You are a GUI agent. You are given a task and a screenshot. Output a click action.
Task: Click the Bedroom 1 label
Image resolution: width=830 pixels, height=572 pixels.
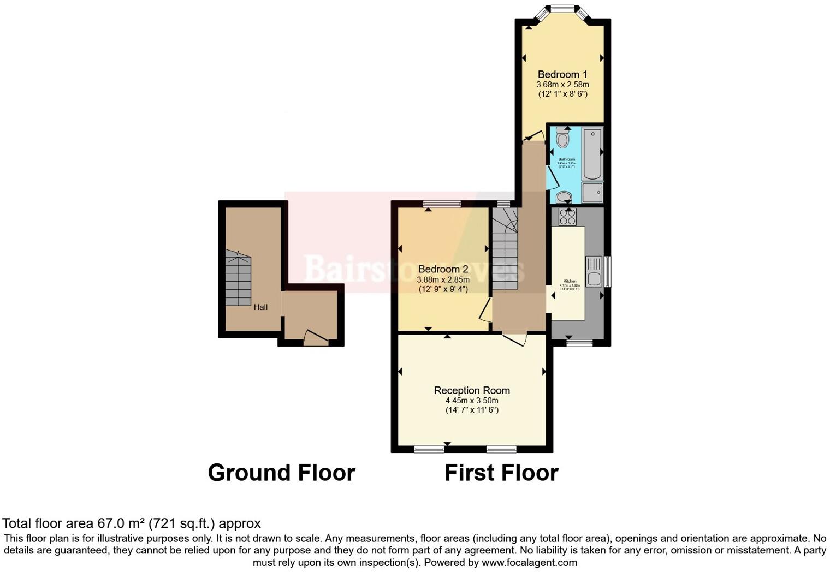pyautogui.click(x=562, y=74)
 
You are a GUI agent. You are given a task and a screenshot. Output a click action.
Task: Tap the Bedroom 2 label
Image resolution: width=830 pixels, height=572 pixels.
pyautogui.click(x=443, y=269)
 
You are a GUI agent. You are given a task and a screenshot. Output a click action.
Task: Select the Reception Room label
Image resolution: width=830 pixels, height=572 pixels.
pyautogui.click(x=472, y=390)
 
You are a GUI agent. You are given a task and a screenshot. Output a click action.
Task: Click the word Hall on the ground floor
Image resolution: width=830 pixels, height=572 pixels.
pyautogui.click(x=260, y=307)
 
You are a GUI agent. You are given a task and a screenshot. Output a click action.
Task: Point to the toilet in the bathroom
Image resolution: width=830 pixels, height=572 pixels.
pyautogui.click(x=562, y=139)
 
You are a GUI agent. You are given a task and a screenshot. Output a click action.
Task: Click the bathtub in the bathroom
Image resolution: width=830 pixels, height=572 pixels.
pyautogui.click(x=592, y=154)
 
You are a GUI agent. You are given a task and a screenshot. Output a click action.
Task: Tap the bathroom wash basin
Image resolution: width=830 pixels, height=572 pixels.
pyautogui.click(x=564, y=196)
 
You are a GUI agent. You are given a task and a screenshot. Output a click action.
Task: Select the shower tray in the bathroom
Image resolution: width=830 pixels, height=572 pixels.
pyautogui.click(x=592, y=192)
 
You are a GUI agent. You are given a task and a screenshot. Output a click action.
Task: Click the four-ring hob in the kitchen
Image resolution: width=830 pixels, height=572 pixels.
pyautogui.click(x=567, y=217)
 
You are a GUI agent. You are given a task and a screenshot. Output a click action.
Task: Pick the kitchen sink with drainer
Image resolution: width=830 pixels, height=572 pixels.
pyautogui.click(x=594, y=271)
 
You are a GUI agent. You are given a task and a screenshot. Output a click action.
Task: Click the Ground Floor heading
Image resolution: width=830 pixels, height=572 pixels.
pyautogui.click(x=281, y=473)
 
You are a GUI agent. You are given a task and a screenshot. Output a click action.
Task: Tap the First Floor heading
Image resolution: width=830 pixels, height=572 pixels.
pyautogui.click(x=501, y=473)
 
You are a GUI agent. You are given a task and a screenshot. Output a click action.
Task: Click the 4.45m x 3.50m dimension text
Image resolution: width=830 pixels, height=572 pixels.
pyautogui.click(x=472, y=401)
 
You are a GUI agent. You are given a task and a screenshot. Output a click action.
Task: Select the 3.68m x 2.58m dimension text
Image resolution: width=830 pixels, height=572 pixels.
pyautogui.click(x=562, y=85)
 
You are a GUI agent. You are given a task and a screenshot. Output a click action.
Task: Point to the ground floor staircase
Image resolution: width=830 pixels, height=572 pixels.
pyautogui.click(x=238, y=278)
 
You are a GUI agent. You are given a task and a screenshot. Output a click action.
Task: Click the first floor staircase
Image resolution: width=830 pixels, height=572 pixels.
pyautogui.click(x=505, y=251)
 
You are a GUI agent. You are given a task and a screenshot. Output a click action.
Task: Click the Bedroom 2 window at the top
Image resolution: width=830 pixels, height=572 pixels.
pyautogui.click(x=442, y=205)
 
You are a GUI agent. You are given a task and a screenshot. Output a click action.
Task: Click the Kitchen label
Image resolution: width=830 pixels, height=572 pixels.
pyautogui.click(x=570, y=282)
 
